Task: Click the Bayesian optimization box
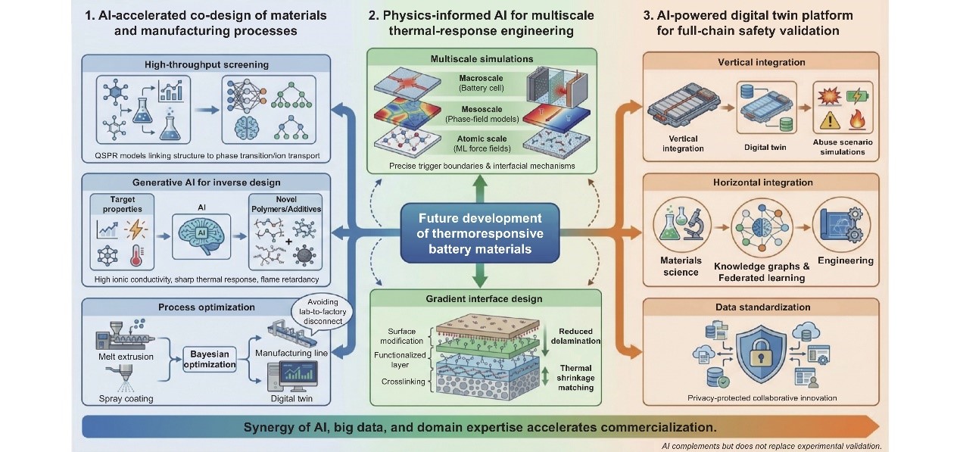210,359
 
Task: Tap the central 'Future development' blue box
480,233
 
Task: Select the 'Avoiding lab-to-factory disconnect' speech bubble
323,311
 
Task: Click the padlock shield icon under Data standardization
761,354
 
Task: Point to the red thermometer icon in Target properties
136,256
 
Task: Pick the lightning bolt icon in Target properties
136,229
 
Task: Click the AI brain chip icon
201,235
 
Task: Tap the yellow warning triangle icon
829,120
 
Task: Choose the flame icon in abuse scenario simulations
857,119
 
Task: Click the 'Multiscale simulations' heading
482,59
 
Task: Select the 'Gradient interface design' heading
484,298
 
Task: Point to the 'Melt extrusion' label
126,357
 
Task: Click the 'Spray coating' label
126,398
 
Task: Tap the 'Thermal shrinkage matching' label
575,378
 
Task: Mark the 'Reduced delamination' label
575,336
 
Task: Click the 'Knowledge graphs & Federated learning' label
762,272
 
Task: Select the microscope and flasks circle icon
681,226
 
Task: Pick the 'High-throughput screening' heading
207,64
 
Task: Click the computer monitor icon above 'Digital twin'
293,376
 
